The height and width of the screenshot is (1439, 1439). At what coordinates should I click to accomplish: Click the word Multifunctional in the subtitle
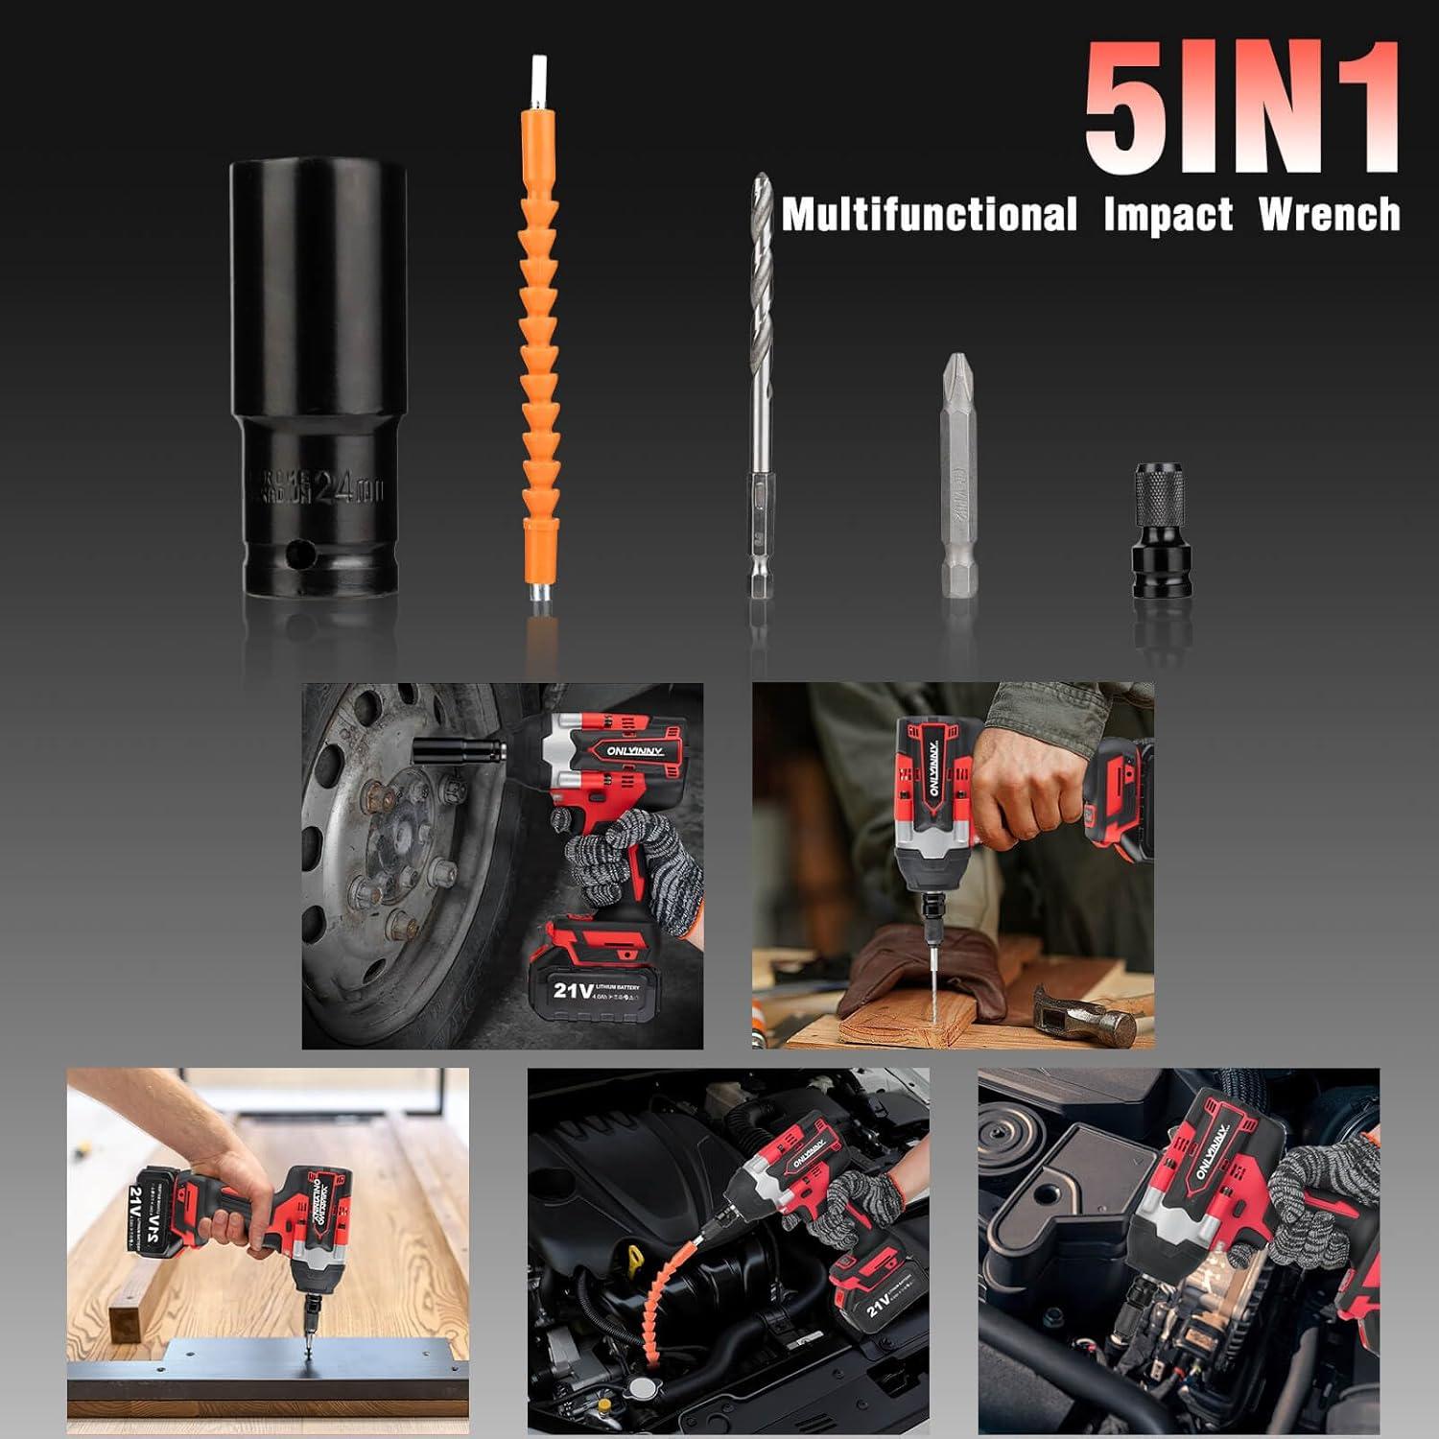click(929, 214)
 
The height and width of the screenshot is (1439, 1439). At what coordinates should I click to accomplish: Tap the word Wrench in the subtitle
click(1329, 214)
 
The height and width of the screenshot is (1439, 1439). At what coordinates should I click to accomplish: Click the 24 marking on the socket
click(331, 490)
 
